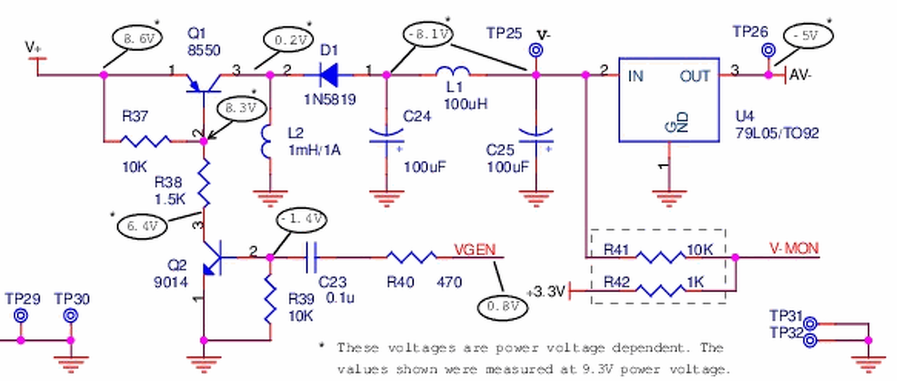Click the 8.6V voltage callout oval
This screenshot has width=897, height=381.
[x=137, y=39]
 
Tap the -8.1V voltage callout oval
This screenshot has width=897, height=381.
[x=429, y=34]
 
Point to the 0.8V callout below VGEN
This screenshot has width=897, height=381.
[x=502, y=307]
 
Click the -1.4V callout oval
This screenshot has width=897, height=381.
[x=301, y=219]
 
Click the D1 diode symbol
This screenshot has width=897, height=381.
[x=329, y=75]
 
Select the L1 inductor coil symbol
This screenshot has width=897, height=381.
[x=453, y=71]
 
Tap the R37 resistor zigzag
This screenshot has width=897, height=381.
[x=145, y=141]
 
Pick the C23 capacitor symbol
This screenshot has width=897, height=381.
[x=311, y=257]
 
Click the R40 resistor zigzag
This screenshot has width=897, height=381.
[x=412, y=257]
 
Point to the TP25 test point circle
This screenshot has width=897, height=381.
[x=536, y=50]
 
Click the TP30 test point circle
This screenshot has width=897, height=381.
[x=71, y=316]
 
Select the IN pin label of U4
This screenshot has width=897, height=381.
[x=636, y=76]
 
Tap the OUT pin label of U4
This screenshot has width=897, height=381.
[x=694, y=76]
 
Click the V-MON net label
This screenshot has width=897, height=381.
[x=794, y=249]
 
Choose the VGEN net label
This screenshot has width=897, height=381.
[x=474, y=250]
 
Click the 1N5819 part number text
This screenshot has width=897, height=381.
[x=329, y=99]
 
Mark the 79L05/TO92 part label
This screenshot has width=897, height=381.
[x=777, y=133]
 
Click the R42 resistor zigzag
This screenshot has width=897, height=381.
[x=660, y=290]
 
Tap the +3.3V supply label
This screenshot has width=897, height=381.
[x=546, y=291]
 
